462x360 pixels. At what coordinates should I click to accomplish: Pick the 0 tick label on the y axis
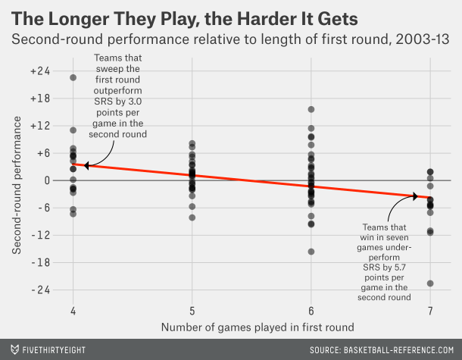click(x=47, y=180)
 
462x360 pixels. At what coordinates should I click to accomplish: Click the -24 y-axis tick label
click(x=41, y=290)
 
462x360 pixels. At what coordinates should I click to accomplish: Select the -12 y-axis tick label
click(x=41, y=235)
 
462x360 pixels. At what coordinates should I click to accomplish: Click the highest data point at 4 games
click(x=73, y=77)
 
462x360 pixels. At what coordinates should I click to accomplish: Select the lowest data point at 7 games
click(x=430, y=283)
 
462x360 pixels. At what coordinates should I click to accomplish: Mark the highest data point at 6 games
click(x=311, y=109)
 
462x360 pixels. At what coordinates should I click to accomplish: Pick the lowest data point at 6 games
click(x=311, y=252)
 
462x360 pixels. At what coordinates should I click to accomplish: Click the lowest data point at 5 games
click(x=192, y=218)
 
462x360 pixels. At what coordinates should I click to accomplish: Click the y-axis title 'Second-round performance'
click(x=16, y=181)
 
